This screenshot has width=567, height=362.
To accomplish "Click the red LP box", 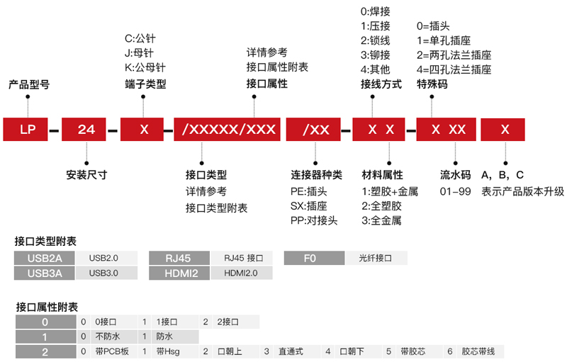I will coord(28,130).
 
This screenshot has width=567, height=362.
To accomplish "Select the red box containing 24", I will coord(86,130).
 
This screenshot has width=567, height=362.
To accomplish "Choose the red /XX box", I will coord(315,130).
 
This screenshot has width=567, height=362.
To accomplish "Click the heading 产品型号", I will coord(28,84).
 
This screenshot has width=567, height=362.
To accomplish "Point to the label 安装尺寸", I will coord(86,174).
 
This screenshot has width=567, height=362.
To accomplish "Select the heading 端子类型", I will coord(145,84).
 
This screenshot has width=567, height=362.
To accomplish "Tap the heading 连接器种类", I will coord(316,174).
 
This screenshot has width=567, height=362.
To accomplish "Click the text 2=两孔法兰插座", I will coord(454,55).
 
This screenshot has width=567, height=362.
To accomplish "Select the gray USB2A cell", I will coord(44,258).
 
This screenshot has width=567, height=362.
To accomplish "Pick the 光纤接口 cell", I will coord(375,258).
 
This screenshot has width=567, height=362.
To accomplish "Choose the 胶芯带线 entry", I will coord(478,351).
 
